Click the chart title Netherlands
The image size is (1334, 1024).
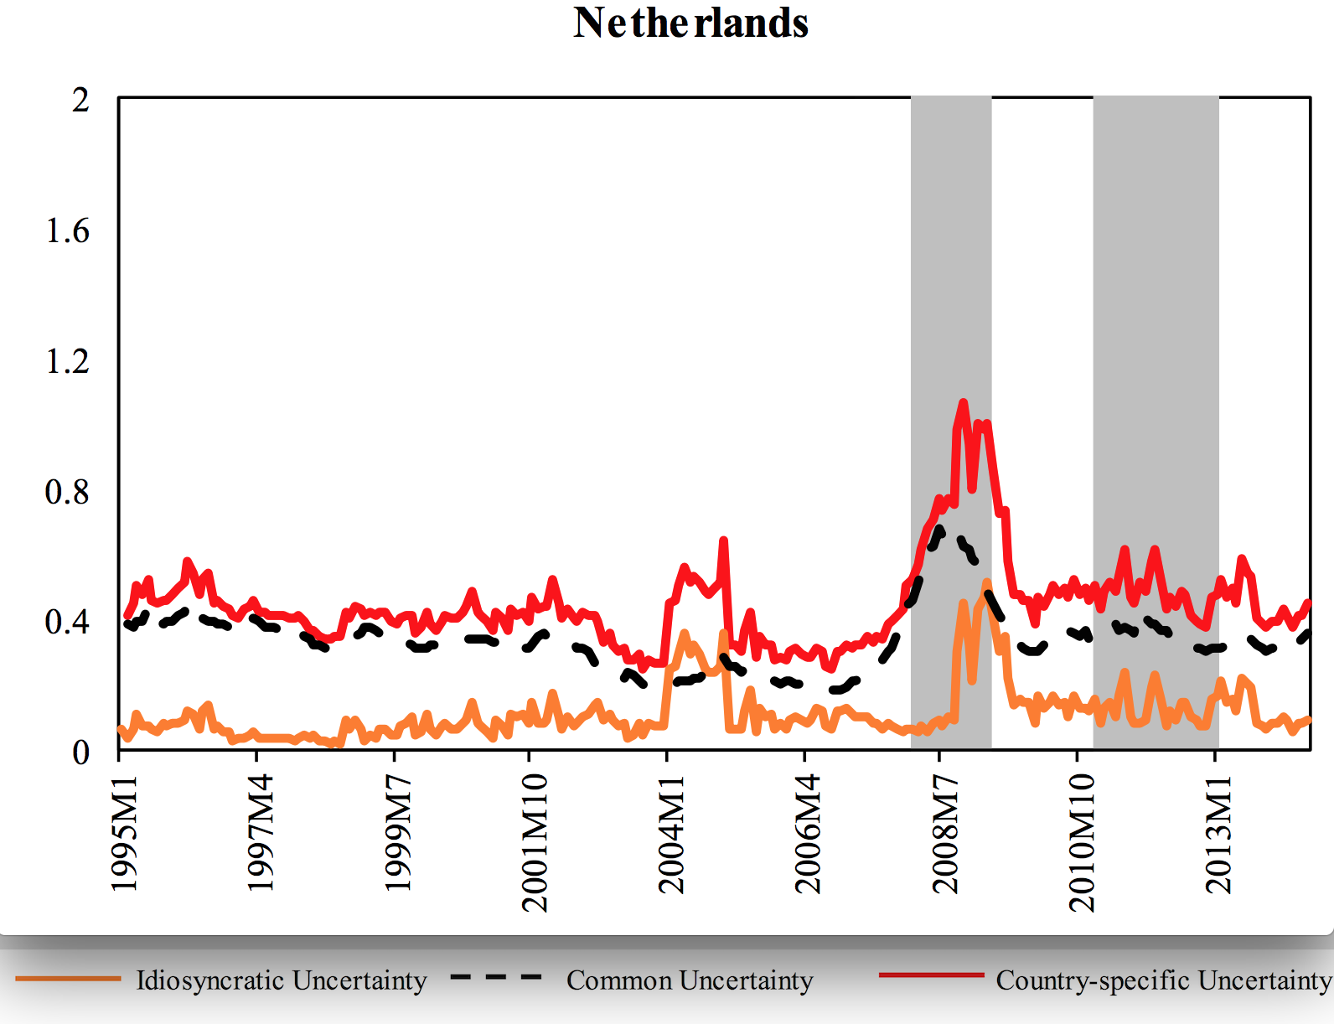690,23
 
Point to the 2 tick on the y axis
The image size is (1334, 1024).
80,101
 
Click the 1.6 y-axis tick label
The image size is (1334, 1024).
67,231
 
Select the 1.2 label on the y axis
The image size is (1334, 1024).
67,361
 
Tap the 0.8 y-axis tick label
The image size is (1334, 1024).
67,492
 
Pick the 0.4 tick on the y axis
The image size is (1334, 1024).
67,622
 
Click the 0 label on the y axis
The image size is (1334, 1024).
80,752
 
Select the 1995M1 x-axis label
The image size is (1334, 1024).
124,833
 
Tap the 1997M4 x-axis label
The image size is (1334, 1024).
260,833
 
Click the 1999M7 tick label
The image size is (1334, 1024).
397,833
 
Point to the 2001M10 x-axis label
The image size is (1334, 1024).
534,842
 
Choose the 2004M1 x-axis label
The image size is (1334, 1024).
671,833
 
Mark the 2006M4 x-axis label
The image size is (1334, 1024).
808,833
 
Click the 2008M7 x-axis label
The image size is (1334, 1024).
944,833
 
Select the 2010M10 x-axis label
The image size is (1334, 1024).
1082,842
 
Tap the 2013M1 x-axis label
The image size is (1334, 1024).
1218,833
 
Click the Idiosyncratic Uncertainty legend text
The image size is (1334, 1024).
282,980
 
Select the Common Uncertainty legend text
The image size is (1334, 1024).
690,980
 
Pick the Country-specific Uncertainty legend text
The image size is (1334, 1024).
1163,980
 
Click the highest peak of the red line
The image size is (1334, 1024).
963,403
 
